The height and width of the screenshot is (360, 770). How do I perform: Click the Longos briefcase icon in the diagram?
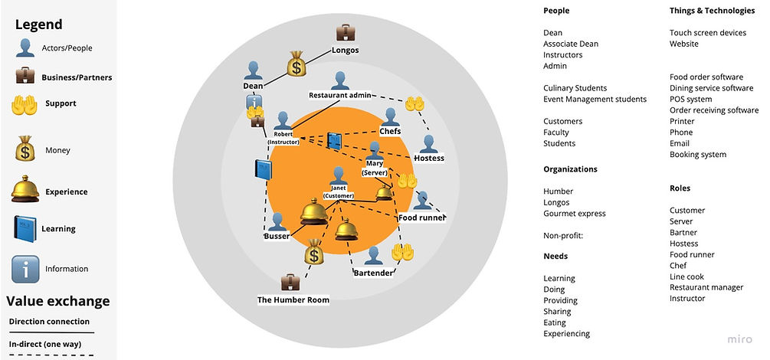pos(346,32)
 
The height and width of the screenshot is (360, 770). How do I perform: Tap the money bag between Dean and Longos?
pos(297,64)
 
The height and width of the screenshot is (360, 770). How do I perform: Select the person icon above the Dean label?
pos(254,70)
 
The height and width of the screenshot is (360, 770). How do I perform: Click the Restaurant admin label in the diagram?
pos(340,96)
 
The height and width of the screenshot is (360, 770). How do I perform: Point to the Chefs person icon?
pos(391,116)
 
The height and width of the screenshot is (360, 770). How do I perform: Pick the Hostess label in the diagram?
pos(428,158)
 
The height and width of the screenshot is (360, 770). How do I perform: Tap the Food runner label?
pos(422,218)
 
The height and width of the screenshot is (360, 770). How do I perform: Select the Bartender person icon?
pos(374,255)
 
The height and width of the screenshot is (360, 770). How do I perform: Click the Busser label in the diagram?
pos(277,237)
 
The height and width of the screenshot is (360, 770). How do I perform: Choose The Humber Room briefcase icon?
pos(290,282)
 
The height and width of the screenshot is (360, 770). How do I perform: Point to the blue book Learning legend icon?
pos(25,229)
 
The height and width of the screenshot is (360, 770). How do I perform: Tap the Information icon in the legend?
pos(25,269)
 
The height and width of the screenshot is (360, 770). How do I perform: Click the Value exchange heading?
pos(58,301)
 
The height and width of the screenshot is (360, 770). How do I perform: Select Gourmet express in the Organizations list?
pos(574,213)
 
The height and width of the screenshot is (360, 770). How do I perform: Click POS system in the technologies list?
pos(690,100)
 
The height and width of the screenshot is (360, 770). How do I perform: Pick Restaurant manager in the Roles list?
pos(706,287)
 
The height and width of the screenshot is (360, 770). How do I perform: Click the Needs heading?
pos(555,257)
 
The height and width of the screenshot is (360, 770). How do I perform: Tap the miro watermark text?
pos(740,339)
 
